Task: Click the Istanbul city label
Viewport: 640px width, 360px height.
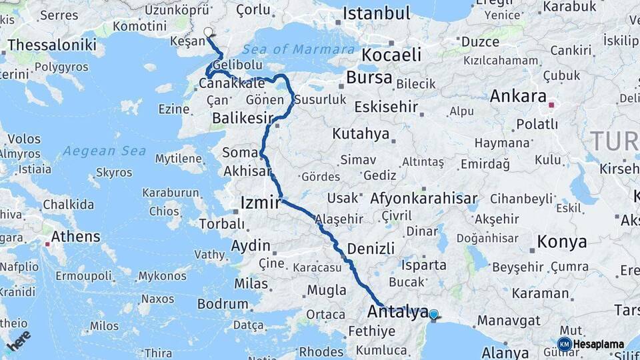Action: pos(377,13)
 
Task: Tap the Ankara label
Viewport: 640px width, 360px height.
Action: pos(518,95)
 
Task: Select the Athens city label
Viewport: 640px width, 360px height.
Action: pos(75,236)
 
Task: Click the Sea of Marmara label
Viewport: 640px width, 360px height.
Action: pos(298,49)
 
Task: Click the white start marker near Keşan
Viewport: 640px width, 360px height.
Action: pos(208,32)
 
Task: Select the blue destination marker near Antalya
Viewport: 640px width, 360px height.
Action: pos(433,314)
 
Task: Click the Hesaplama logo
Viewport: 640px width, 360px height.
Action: pos(591,344)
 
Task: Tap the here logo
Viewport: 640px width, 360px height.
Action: pos(19,340)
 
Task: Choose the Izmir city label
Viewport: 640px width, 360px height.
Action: pos(260,202)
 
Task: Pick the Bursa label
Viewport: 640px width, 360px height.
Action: pos(369,77)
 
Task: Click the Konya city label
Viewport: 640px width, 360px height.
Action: pos(562,241)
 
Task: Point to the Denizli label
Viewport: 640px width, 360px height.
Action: pos(371,248)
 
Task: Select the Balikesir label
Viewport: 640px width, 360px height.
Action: pos(243,119)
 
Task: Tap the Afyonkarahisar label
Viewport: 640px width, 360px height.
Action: pos(423,199)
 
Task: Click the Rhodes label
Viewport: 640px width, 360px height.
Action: pos(321,351)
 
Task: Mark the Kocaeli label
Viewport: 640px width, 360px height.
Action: pos(391,55)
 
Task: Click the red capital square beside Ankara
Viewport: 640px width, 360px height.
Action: pos(551,105)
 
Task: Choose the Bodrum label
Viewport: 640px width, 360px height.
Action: pos(223,304)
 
